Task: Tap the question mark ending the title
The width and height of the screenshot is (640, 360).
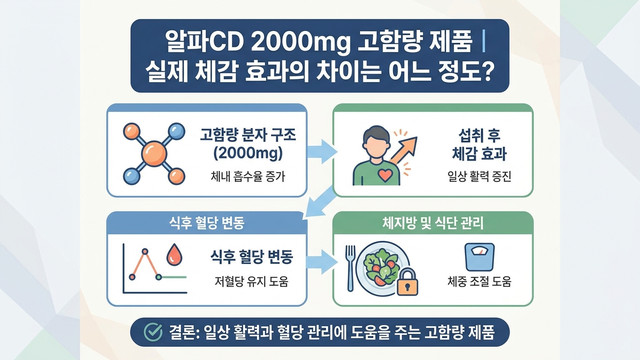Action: [488, 71]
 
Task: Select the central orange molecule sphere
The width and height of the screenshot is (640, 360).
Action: [154, 153]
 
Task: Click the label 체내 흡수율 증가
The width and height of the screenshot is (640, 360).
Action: [248, 177]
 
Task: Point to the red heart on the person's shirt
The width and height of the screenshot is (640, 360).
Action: [385, 175]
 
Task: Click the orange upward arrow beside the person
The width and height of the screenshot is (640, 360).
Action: [404, 150]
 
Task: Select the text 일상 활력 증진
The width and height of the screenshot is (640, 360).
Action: [479, 177]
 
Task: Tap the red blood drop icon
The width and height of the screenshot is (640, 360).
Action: [174, 255]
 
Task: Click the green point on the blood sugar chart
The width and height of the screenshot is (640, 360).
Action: [158, 277]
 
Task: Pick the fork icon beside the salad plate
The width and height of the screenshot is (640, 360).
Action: [350, 268]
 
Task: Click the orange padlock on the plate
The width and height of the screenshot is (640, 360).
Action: [407, 282]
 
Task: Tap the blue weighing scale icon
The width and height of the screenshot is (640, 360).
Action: [480, 257]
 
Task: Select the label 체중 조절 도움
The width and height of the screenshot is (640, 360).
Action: [479, 281]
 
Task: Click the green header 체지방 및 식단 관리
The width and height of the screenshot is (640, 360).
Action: [433, 223]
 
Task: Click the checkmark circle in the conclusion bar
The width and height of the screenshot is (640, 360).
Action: [153, 332]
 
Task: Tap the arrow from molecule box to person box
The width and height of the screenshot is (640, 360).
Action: [322, 151]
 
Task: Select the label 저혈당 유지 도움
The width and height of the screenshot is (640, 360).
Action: [251, 281]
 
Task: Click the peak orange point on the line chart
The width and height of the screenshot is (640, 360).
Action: [144, 252]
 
